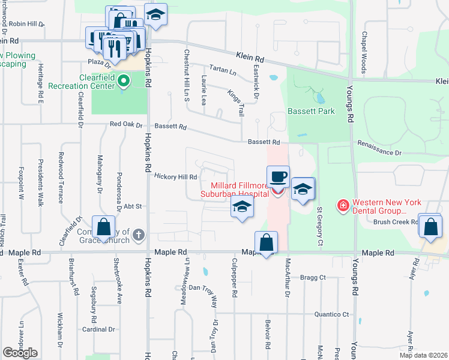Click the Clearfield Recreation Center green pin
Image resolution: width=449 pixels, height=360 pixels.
(x=124, y=80)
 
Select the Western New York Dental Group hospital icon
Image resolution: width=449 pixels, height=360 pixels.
(x=343, y=206)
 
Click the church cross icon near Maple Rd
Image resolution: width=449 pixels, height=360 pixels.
(x=139, y=235)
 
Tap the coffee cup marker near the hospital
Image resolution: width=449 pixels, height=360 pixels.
(x=278, y=178)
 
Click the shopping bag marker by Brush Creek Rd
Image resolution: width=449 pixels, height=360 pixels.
(x=430, y=227)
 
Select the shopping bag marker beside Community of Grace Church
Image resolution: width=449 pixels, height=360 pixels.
(x=104, y=227)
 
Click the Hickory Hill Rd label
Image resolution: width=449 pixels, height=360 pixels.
(x=176, y=176)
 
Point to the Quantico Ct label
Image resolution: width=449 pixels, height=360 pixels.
(x=333, y=314)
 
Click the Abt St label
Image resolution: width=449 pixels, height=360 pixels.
(x=133, y=206)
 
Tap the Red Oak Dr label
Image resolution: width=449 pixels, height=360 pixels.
(x=126, y=125)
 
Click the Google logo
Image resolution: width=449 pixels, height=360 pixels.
(x=20, y=353)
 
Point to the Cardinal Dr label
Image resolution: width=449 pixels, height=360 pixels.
(x=94, y=329)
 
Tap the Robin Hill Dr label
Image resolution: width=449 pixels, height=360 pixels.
(x=27, y=24)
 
